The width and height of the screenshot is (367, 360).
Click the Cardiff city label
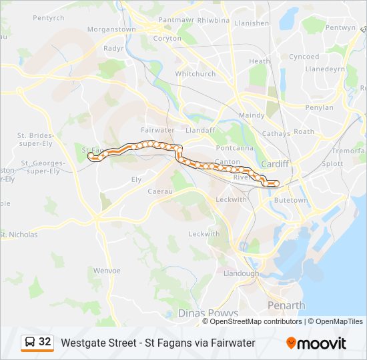click(x=274, y=163)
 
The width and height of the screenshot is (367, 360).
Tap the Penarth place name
click(x=286, y=305)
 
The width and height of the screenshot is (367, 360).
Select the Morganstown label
click(x=111, y=29)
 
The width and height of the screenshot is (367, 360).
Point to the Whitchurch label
click(x=195, y=74)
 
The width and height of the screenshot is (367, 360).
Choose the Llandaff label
click(x=200, y=130)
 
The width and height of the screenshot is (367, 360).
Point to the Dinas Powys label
click(x=208, y=313)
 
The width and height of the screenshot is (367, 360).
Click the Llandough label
click(x=241, y=273)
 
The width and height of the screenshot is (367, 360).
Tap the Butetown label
click(x=292, y=200)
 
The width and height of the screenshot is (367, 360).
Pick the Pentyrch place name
click(x=48, y=17)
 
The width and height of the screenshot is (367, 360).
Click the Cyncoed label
click(x=304, y=57)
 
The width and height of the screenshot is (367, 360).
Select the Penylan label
click(x=318, y=107)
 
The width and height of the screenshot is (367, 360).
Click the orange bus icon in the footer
click(x=30, y=343)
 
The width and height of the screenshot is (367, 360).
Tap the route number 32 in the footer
click(x=45, y=342)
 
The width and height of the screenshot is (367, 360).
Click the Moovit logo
click(x=316, y=343)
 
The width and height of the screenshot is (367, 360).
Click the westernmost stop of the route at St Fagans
click(x=91, y=156)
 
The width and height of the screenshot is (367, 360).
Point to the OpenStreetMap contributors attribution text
click(x=256, y=321)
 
